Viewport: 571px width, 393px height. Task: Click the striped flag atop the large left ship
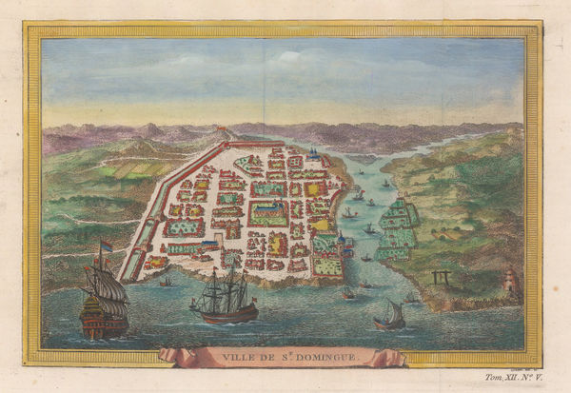coord(106,246)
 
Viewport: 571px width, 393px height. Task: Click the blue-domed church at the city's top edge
coord(313,152)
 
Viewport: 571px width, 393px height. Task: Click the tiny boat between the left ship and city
coord(166,282)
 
